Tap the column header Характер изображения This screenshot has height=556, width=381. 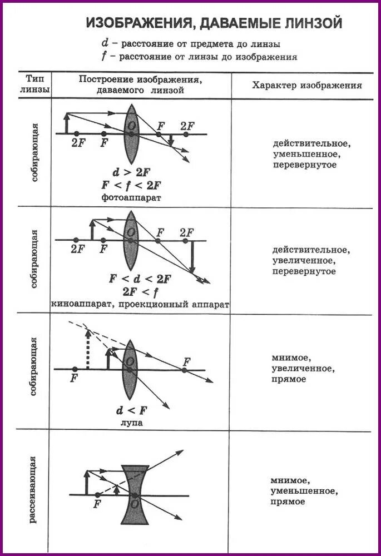click(x=307, y=86)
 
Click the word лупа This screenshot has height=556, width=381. click(x=131, y=423)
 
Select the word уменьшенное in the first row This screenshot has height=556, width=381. click(x=306, y=154)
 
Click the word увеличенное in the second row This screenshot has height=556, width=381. click(x=306, y=261)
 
